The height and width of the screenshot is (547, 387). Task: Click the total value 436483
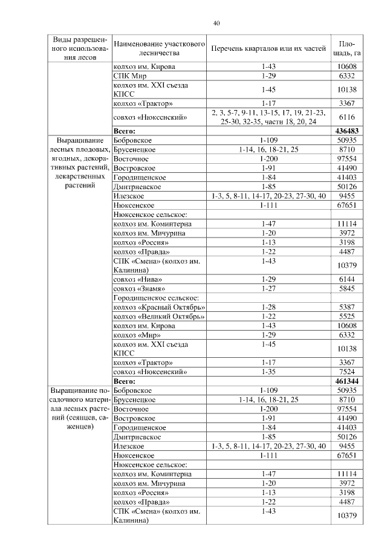346,131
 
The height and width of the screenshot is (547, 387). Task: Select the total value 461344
346,381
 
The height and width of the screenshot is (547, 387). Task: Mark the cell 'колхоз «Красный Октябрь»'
159,307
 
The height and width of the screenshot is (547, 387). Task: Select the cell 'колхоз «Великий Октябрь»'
159,316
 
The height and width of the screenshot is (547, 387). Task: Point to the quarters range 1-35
268,372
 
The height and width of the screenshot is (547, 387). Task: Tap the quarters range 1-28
268,307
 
